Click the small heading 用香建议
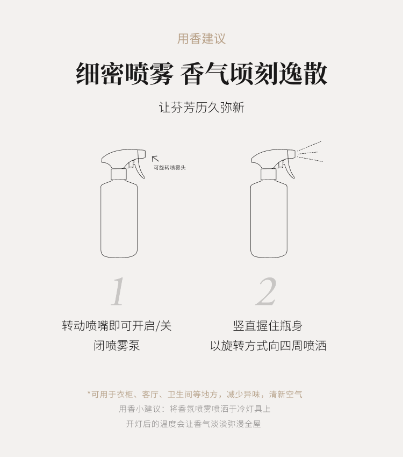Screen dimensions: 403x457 coord(201,39)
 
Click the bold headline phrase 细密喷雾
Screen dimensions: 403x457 coord(125,74)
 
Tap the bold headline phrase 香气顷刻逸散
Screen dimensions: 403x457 coord(254,74)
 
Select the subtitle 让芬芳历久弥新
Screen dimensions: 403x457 coord(201,107)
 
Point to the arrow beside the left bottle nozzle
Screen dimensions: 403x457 coord(155,159)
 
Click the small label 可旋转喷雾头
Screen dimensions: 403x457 coord(170,168)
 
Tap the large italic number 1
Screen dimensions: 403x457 coord(118,291)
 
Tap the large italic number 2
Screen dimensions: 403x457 coord(266,291)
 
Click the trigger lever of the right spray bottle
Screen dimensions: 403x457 coord(290,168)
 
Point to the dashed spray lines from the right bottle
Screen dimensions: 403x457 coord(310,152)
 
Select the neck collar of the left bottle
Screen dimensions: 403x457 coord(119,174)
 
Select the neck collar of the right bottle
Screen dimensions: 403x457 coord(269,174)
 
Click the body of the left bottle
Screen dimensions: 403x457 coord(119,219)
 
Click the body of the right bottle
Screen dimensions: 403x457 coord(269,219)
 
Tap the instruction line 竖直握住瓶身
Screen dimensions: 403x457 coord(268,326)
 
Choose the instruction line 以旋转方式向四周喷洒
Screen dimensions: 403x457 coord(268,346)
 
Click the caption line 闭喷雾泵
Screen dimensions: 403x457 coord(117,346)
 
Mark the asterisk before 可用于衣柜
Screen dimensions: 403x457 coord(89,393)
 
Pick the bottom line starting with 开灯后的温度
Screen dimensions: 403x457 coord(193,424)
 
